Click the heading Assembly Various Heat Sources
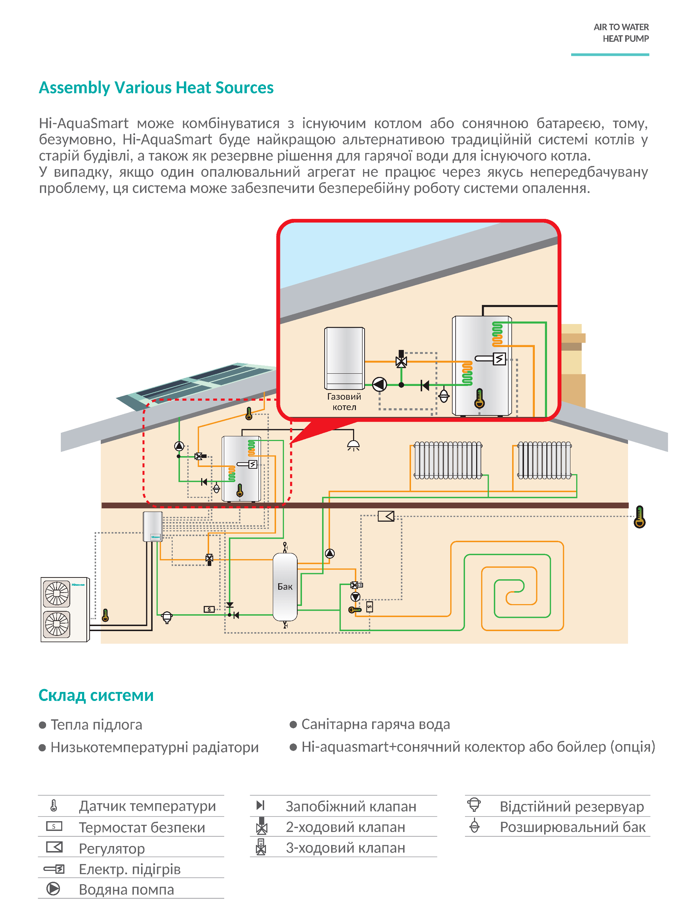tap(156, 88)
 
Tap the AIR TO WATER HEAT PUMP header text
tap(621, 33)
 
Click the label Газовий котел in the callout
tap(344, 402)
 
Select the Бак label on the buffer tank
tap(285, 586)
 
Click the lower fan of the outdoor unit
tap(57, 624)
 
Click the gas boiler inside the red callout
tap(344, 358)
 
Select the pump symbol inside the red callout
tap(380, 385)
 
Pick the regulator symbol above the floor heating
tap(386, 516)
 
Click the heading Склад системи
tap(96, 696)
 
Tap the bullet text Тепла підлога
tap(96, 725)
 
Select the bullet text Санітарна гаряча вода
tap(375, 724)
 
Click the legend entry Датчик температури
tap(147, 806)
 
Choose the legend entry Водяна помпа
tap(126, 890)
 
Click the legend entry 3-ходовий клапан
tap(345, 848)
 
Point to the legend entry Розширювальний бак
tap(573, 827)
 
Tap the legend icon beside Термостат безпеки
tap(54, 826)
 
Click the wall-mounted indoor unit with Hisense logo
tap(153, 527)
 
